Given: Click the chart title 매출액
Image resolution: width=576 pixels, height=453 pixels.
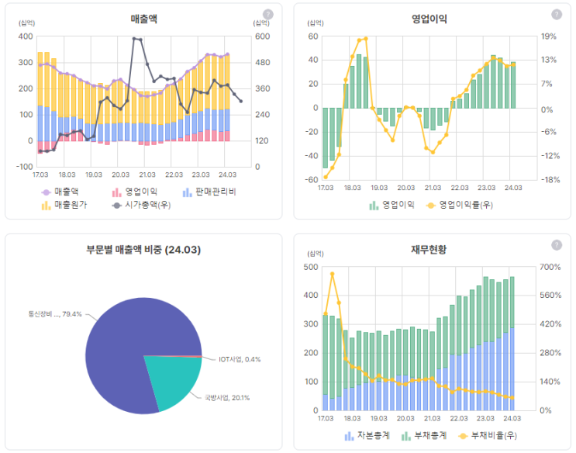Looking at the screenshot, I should point(144,18).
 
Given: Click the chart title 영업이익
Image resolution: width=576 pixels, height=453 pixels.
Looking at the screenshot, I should point(429,19).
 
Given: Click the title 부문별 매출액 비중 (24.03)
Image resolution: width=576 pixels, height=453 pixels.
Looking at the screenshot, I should point(143,250).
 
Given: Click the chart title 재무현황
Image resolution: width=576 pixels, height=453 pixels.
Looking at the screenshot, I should point(429,250).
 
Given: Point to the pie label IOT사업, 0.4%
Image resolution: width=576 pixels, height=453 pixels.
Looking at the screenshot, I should point(240,359).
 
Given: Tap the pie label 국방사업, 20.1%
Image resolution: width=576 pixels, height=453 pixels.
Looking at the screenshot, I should point(227,397).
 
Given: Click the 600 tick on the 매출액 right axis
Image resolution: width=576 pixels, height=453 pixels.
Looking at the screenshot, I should point(262,36).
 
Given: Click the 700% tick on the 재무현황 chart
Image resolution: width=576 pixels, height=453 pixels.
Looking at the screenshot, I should point(550,268).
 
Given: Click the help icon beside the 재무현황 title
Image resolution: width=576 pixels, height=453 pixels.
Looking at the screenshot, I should point(556,245).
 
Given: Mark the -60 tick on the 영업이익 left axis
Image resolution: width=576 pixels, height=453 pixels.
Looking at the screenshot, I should point(312,180).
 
